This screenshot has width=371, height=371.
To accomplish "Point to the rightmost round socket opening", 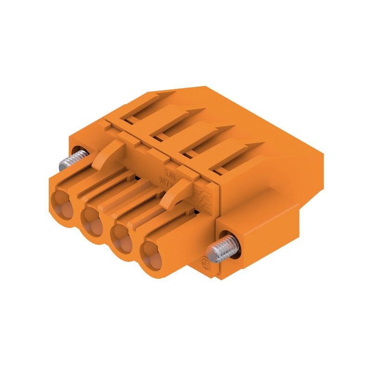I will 154,253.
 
